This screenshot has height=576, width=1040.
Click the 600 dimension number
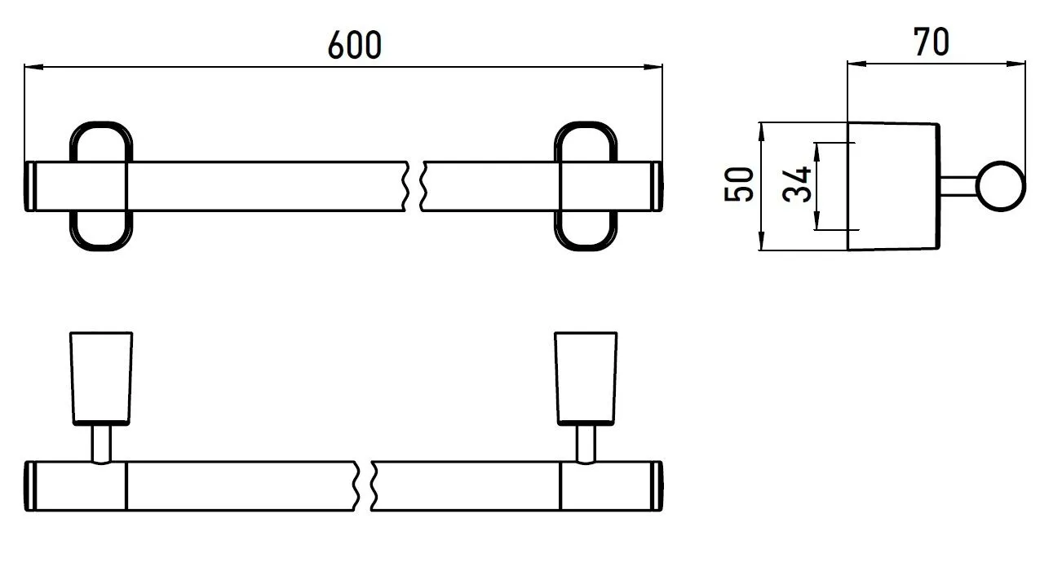(355, 46)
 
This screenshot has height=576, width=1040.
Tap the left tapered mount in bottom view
(102, 378)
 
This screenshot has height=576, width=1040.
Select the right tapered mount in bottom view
(586, 378)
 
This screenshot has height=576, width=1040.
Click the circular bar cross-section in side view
(1001, 186)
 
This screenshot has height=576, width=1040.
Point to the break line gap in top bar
(415, 186)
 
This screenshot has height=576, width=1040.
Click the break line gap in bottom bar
(365, 486)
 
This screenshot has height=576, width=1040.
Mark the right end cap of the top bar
(659, 186)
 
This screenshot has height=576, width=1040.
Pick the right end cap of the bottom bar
(659, 486)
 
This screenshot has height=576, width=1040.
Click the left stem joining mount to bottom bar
(102, 444)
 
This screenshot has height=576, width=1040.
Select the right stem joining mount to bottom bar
(586, 444)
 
